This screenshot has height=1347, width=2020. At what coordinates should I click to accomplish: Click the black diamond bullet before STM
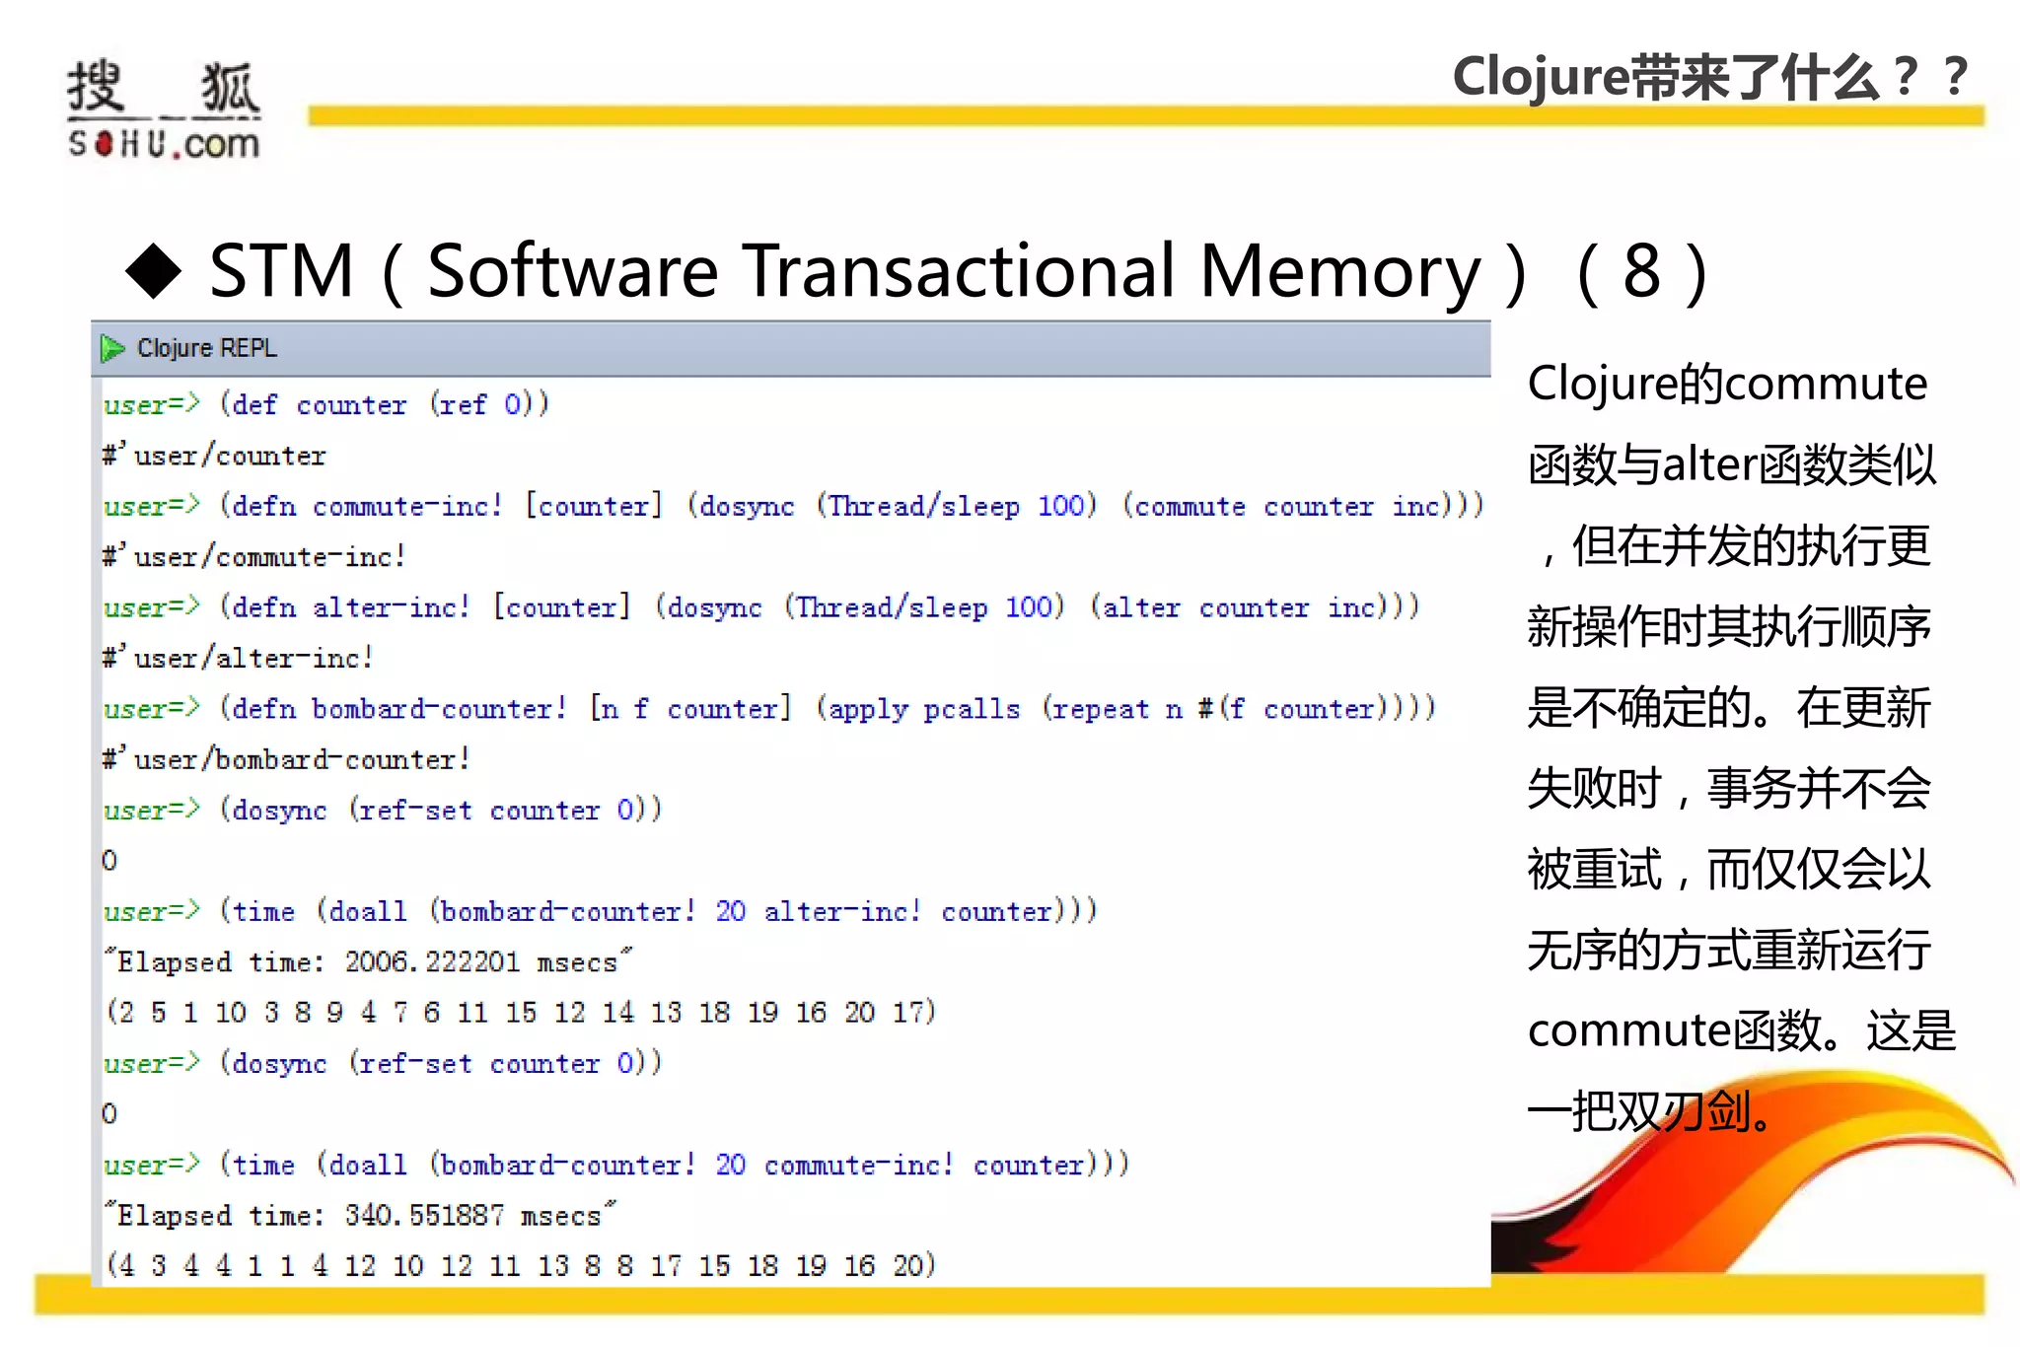pos(154,270)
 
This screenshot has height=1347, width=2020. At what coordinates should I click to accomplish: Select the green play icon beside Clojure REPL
pos(112,348)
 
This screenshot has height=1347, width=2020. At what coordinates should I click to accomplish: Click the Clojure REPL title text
pos(207,348)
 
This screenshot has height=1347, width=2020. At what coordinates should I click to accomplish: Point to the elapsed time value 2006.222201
pos(431,961)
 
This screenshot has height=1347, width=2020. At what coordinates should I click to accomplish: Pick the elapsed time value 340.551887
pos(424,1215)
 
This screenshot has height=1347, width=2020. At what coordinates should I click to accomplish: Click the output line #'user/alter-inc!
pos(238,658)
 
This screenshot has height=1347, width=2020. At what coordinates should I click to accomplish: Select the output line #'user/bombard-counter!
pos(286,759)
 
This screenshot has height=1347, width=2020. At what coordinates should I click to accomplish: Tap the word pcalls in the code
pos(972,708)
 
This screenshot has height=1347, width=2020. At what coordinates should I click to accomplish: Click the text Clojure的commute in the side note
pos(1727,383)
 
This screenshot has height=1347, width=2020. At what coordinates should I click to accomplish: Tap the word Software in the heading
pos(572,270)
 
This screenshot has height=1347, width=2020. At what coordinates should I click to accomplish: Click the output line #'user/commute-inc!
pos(254,556)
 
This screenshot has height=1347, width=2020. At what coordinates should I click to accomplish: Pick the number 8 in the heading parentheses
pos(1641,270)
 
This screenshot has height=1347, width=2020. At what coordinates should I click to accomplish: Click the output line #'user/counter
pos(214,456)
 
